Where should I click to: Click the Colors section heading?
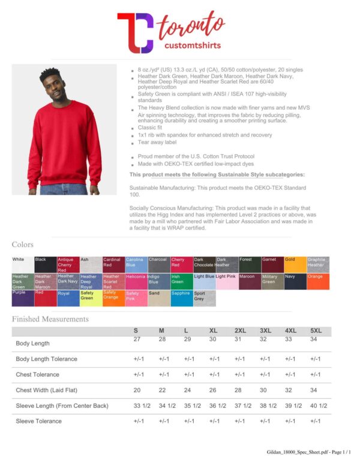23,245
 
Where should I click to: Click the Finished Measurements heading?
50,319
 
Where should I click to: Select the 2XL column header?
240,331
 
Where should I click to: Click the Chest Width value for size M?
161,390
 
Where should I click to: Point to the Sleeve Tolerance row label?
38,421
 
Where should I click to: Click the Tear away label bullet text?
157,143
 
